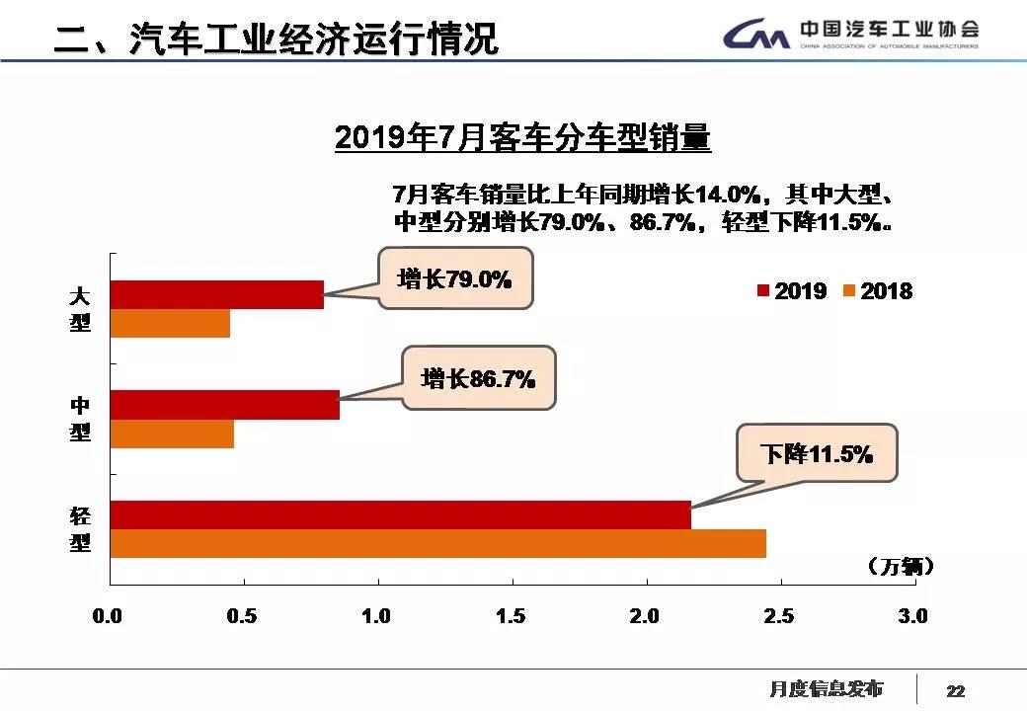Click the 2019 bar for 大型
pyautogui.click(x=216, y=294)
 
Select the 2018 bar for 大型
pyautogui.click(x=170, y=324)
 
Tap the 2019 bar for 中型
pyautogui.click(x=224, y=405)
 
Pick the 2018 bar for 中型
pyautogui.click(x=172, y=434)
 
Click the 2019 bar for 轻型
pyautogui.click(x=400, y=515)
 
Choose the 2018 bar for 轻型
pyautogui.click(x=437, y=544)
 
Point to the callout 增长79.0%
pyautogui.click(x=454, y=279)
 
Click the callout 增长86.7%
pyautogui.click(x=478, y=377)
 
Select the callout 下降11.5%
pyautogui.click(x=817, y=454)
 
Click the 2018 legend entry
pyautogui.click(x=878, y=291)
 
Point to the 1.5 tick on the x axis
pyautogui.click(x=511, y=616)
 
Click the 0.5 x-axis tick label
pyautogui.click(x=241, y=616)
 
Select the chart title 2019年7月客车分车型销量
pyautogui.click(x=522, y=138)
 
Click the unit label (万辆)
pyautogui.click(x=900, y=567)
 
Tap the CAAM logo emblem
pyautogui.click(x=756, y=36)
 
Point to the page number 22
pyautogui.click(x=955, y=690)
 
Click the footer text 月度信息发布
pyautogui.click(x=827, y=688)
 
